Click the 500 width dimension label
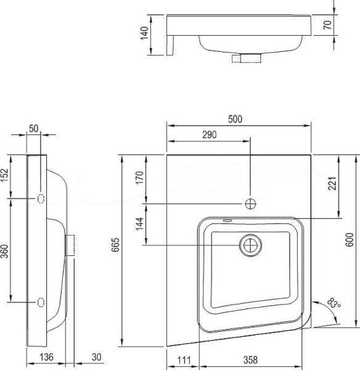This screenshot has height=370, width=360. click(235, 120)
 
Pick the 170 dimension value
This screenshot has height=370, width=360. click(139, 178)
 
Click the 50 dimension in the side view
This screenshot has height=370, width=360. click(33, 129)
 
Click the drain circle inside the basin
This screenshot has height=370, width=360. click(250, 245)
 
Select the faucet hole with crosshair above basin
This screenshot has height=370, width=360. click(250, 203)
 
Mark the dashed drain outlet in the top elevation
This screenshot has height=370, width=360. click(246, 59)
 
